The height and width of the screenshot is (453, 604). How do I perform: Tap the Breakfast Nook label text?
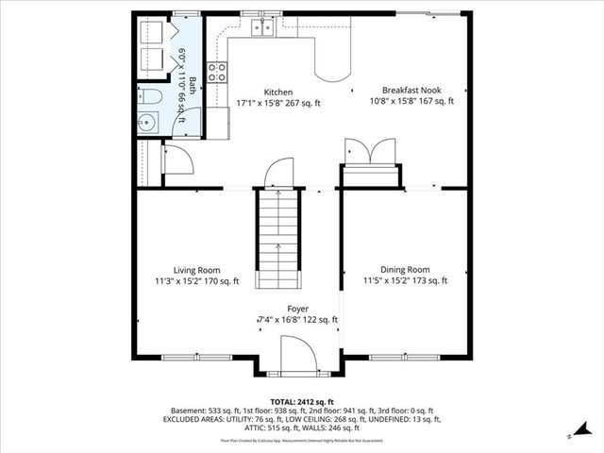pos(411,89)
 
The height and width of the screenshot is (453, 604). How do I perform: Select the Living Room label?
pos(196,269)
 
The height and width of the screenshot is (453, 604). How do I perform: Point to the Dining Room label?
pos(405,269)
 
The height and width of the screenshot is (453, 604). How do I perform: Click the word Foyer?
pos(298,309)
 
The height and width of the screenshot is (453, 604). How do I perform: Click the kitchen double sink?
pos(260,28)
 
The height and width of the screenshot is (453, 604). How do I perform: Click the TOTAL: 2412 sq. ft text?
pos(301,401)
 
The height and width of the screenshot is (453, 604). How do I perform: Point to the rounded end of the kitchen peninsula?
pos(331,69)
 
